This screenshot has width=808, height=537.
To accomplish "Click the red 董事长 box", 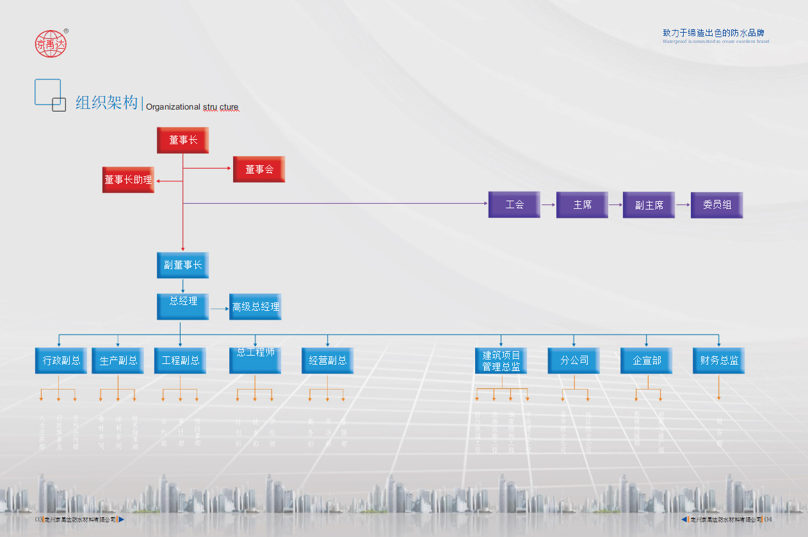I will tap(182, 140).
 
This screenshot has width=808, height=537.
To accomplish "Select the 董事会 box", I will tap(259, 169).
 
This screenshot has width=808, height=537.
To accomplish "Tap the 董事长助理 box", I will tap(128, 180).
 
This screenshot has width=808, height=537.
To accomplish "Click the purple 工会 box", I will tap(514, 204).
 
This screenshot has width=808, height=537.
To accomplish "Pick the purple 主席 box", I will tap(582, 205).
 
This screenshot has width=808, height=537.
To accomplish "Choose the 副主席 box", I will tap(649, 205).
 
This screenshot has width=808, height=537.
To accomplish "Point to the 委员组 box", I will tap(716, 205).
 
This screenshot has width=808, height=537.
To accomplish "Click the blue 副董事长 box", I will tap(182, 265).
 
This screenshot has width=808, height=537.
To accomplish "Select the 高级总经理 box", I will tap(255, 307).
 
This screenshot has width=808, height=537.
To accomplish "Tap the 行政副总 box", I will tap(61, 360).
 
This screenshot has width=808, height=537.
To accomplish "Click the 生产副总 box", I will tap(118, 360).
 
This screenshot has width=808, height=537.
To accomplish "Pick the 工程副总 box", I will tap(180, 360).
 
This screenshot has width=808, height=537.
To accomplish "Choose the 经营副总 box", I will tap(327, 360).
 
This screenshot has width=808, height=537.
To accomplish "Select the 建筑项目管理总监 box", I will tap(501, 360).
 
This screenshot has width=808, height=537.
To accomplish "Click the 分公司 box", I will tap(574, 360).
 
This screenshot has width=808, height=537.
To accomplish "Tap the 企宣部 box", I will tap(646, 360).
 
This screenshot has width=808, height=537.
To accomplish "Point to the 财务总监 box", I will tap(718, 360).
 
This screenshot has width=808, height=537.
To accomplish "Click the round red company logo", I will tap(51, 44).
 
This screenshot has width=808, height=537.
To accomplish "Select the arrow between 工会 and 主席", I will tap(548, 205).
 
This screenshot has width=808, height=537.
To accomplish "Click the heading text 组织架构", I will tap(106, 103).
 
